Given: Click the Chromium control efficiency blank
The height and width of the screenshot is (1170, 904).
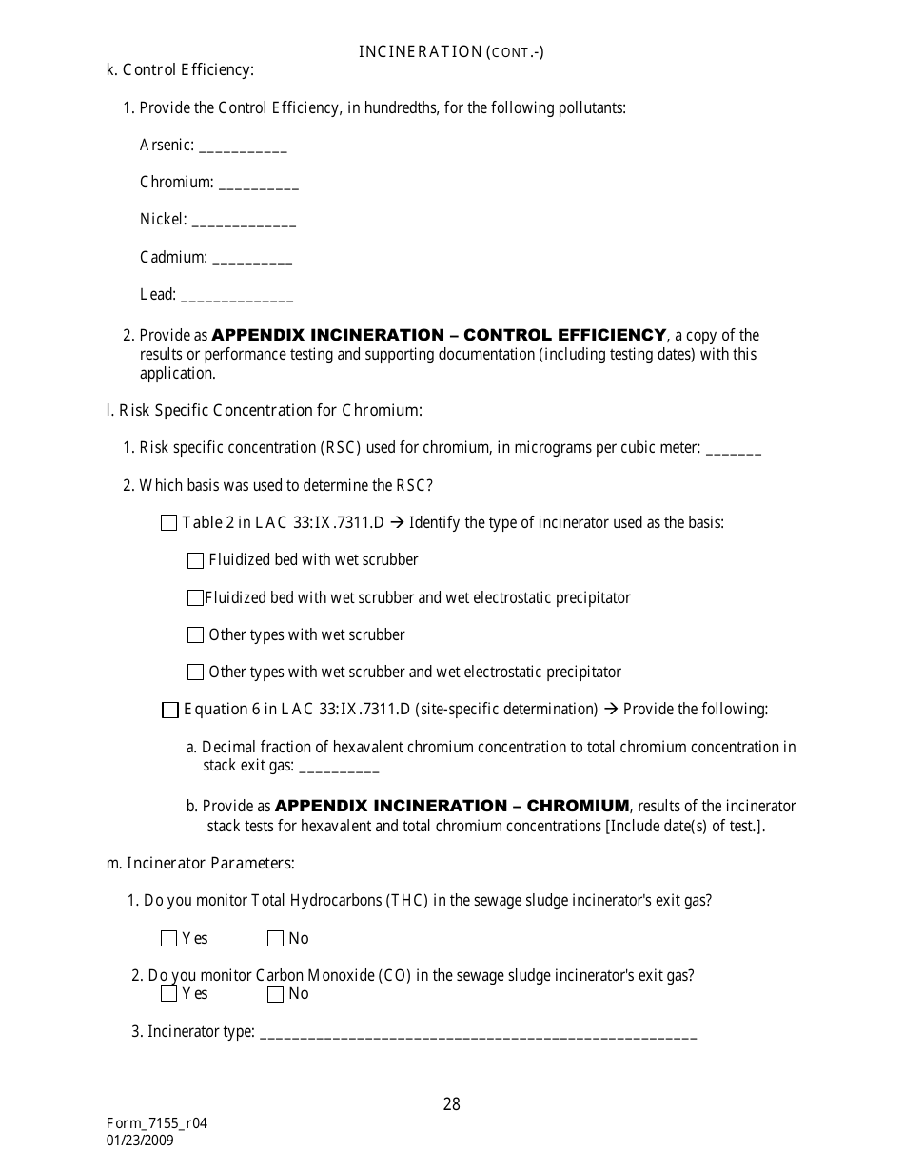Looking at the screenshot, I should [259, 185].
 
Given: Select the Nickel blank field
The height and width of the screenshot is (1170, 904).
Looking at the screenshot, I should [244, 222].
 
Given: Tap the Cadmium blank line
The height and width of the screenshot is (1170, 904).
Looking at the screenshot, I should [253, 259].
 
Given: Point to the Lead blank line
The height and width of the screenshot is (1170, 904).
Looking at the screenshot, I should [237, 297].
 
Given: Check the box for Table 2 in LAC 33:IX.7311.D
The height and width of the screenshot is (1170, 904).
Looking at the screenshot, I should [169, 522].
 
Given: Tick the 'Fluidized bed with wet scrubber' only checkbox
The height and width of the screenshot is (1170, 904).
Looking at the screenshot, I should [196, 560].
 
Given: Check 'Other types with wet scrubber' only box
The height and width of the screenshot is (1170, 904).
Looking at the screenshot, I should [196, 634].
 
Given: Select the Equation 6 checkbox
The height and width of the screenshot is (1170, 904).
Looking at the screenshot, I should [170, 710].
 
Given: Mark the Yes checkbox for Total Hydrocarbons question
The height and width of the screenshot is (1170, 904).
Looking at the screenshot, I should [169, 939].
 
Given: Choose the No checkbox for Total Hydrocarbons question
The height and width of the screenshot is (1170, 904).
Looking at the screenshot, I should [276, 939].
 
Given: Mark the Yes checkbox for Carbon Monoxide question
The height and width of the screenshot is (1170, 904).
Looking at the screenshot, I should [169, 994].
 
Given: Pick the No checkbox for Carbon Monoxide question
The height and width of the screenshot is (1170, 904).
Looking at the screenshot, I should [276, 994].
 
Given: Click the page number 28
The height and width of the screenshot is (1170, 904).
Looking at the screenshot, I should [452, 1104].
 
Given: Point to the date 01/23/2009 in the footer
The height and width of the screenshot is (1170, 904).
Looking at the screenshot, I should [141, 1141].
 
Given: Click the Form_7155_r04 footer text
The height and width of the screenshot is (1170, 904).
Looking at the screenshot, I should [157, 1123].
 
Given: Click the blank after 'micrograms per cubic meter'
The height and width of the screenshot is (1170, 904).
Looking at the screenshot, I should [734, 451].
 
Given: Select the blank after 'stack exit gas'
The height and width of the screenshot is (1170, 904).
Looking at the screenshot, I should [339, 768].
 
